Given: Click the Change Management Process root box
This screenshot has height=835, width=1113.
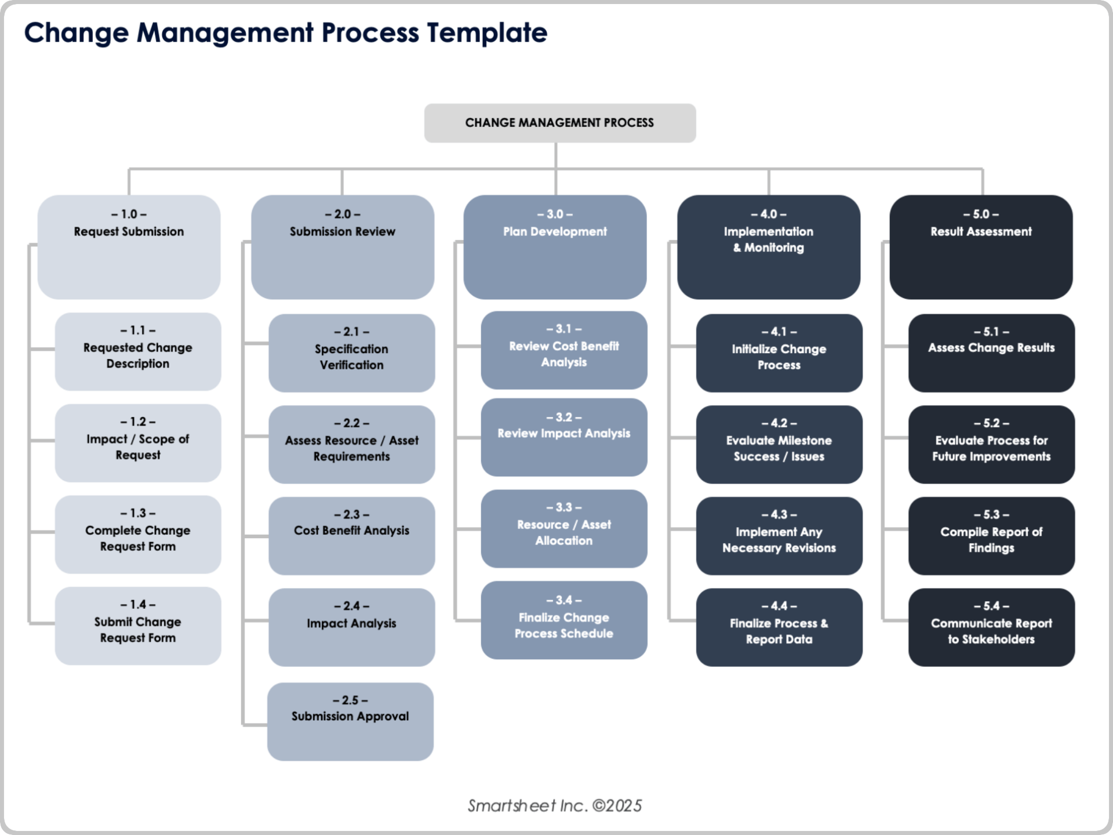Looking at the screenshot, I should click(x=559, y=123).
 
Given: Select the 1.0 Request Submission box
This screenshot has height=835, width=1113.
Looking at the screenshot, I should click(x=129, y=247).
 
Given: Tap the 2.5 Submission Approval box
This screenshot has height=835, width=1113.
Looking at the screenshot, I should click(x=350, y=721).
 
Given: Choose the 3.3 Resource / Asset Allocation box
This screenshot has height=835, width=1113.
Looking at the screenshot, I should click(x=563, y=529).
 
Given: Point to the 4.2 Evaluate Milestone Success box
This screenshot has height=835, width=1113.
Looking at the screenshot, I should click(x=779, y=445).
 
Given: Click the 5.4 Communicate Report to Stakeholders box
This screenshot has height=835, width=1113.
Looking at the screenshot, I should click(x=991, y=627).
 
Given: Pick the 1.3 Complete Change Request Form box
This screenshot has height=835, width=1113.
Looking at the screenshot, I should click(x=138, y=535).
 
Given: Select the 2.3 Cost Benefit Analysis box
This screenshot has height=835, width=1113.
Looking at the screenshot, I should click(x=351, y=536).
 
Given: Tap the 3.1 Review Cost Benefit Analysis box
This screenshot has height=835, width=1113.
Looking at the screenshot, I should click(x=563, y=350).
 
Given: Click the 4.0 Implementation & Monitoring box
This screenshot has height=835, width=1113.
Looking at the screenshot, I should click(x=768, y=247).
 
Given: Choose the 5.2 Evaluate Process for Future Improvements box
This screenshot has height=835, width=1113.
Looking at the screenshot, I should click(x=991, y=445).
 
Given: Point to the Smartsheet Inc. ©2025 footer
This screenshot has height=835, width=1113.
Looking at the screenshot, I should click(x=555, y=805).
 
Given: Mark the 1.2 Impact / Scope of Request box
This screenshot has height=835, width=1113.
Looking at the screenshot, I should click(x=138, y=443).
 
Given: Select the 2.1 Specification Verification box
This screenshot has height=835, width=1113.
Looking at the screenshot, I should click(x=351, y=353).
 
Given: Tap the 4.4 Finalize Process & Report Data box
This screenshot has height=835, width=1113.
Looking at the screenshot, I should click(x=779, y=627).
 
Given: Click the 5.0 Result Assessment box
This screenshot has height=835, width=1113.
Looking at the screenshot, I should click(x=981, y=247).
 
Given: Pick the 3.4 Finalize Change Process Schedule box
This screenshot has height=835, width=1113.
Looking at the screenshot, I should click(x=563, y=620).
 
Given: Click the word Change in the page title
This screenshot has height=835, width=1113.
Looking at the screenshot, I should click(x=76, y=32).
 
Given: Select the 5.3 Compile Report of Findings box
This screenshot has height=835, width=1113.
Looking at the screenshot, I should click(x=991, y=536).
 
